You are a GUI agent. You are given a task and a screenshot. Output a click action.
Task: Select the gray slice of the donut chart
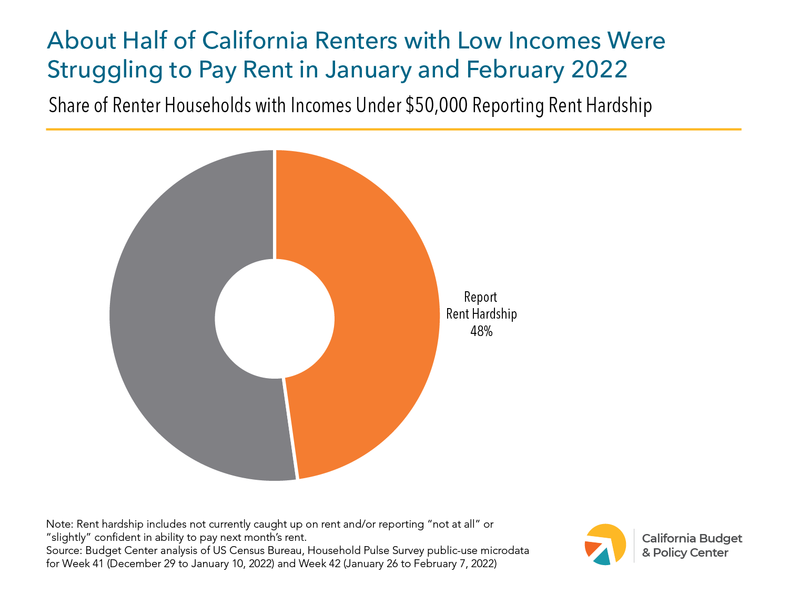tap(168, 316)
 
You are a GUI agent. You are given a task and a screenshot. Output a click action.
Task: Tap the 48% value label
tap(481, 331)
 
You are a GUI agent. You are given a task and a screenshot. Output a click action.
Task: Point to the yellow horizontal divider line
tap(393, 129)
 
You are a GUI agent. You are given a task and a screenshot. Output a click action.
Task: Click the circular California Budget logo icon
tap(605, 545)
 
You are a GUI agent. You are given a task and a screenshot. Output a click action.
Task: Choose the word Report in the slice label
tap(480, 297)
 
